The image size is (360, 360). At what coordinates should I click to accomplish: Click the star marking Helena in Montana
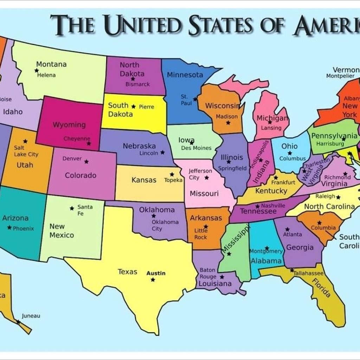pos(36,71)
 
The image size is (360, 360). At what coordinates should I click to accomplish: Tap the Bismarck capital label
pos(137,84)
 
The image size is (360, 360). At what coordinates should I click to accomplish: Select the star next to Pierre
pos(133,106)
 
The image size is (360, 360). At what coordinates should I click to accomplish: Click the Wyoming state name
pos(69,124)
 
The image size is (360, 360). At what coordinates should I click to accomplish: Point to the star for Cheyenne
pos(89,143)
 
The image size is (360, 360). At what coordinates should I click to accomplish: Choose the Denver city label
pos(72,159)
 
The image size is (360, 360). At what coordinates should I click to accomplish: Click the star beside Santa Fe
pos(72,208)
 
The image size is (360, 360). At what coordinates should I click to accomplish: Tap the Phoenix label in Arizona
pos(24,228)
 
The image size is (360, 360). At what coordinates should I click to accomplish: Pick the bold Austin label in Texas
pos(156,273)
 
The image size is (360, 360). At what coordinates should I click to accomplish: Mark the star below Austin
pos(153,280)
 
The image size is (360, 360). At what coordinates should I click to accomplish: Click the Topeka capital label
pos(173,180)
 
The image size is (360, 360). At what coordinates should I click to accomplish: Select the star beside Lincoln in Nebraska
pos(162,153)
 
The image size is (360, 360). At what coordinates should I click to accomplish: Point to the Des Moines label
pos(196,148)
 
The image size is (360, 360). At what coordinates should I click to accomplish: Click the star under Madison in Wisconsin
pos(228,123)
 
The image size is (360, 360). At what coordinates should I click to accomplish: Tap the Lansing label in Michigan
pos(271,128)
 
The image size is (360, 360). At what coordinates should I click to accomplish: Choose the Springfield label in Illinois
pos(232,168)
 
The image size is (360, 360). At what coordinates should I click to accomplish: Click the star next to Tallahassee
pos(292,270)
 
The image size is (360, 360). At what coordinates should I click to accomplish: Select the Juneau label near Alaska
pos(31,316)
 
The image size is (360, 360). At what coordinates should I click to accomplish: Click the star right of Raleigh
pos(338,197)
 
